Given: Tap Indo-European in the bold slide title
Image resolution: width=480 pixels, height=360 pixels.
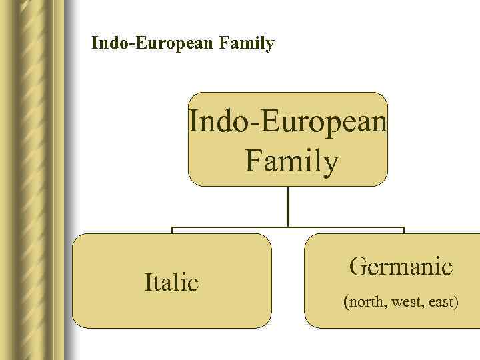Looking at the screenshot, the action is pyautogui.click(x=153, y=44).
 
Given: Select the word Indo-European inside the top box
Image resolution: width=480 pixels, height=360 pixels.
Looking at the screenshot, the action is pyautogui.click(x=287, y=122).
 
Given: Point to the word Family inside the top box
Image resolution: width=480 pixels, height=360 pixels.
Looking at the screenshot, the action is pyautogui.click(x=291, y=162).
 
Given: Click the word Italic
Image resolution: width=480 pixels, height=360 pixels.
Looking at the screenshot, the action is pyautogui.click(x=171, y=283).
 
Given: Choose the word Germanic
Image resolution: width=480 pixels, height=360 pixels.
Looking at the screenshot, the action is pyautogui.click(x=401, y=267).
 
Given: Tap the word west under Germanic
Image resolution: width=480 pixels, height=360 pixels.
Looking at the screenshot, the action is pyautogui.click(x=407, y=302).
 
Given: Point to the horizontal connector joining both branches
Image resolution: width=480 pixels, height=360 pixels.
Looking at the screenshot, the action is pyautogui.click(x=288, y=227).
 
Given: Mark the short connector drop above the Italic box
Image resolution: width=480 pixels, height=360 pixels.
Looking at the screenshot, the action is pyautogui.click(x=172, y=231).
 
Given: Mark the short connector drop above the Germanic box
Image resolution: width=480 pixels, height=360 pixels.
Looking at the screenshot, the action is pyautogui.click(x=404, y=231).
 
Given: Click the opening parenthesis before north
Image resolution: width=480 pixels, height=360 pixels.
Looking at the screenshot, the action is pyautogui.click(x=346, y=303).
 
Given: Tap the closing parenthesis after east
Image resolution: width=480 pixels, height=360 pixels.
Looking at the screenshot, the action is pyautogui.click(x=457, y=303).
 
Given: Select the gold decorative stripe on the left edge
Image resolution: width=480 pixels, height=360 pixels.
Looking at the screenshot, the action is pyautogui.click(x=33, y=180).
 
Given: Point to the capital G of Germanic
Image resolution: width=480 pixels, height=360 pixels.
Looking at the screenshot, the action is pyautogui.click(x=358, y=267).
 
